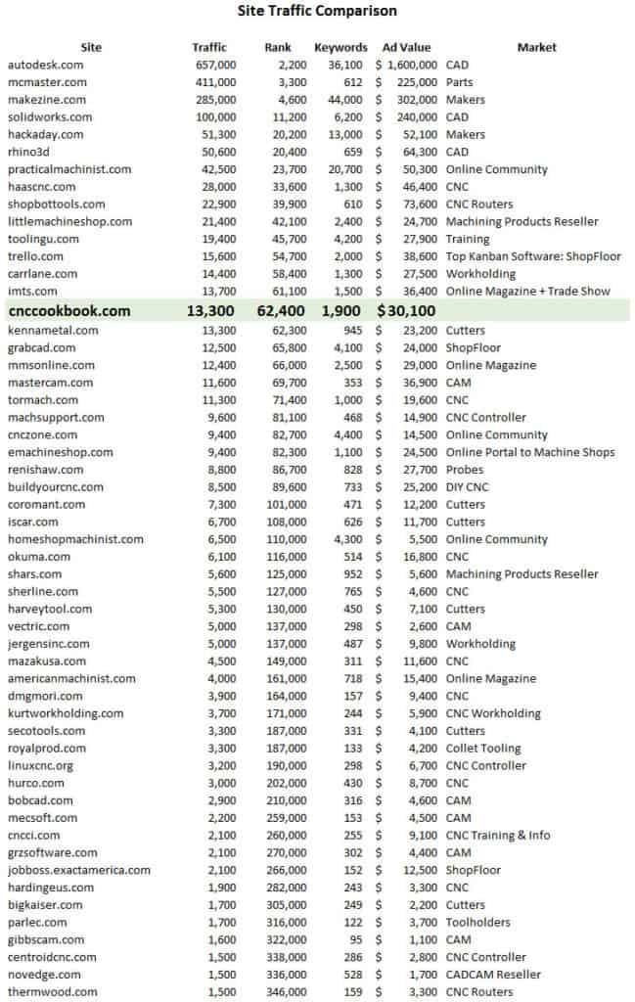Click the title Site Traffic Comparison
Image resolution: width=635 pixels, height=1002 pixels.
[317, 12]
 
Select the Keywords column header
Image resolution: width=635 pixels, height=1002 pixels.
[340, 47]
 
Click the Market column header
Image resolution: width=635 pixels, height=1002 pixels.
[536, 47]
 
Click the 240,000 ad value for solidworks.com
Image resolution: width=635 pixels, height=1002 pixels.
[414, 116]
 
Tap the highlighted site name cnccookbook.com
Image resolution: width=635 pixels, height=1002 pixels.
[68, 311]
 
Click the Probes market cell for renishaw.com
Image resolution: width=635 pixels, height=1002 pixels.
[465, 470]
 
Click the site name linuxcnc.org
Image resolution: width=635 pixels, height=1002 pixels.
[40, 766]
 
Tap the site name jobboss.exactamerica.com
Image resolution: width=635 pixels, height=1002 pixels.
[79, 870]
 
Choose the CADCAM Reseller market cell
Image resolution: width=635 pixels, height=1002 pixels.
[493, 975]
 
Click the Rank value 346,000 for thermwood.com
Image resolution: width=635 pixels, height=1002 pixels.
[285, 992]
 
